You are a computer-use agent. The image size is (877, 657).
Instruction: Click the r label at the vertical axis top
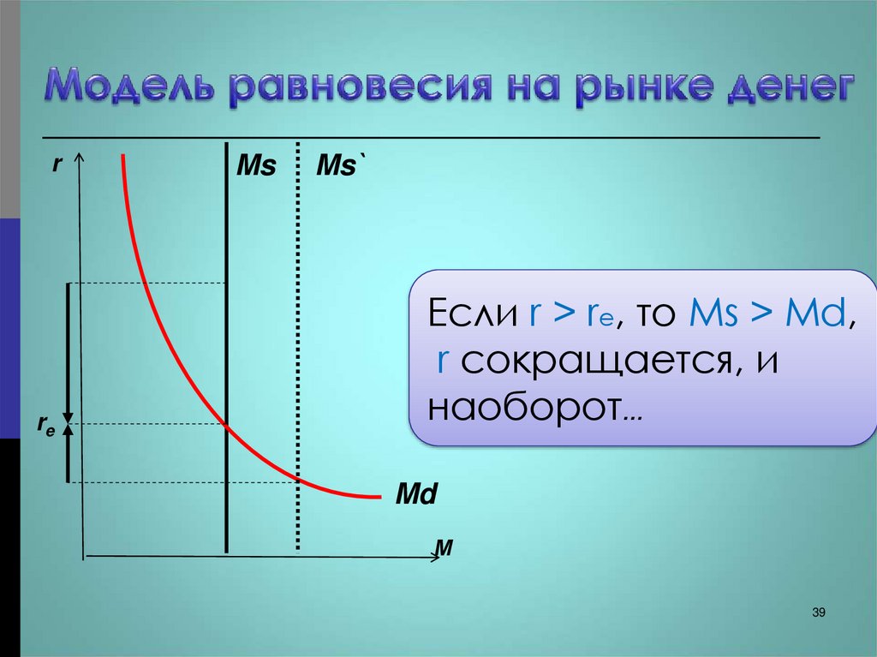57,164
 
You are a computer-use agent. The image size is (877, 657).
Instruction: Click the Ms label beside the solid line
257,166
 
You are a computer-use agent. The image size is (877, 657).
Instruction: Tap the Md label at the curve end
416,494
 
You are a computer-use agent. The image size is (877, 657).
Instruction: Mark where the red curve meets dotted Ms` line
298,481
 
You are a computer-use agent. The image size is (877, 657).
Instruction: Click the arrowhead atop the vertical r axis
80,158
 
